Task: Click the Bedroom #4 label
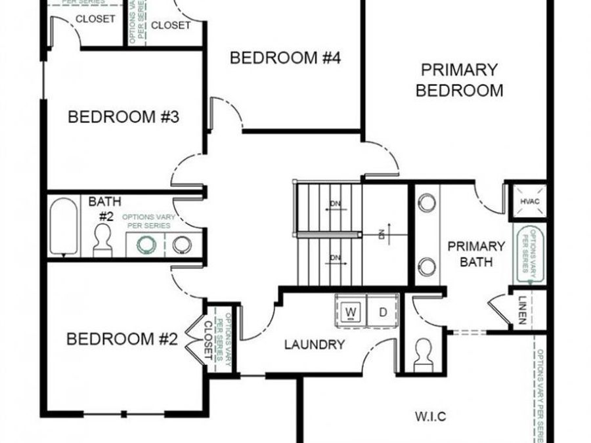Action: [285, 58]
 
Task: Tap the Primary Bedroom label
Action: [460, 80]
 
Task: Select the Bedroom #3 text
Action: [124, 117]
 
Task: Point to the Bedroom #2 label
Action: [123, 339]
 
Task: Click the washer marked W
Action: [351, 311]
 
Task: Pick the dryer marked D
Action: [383, 311]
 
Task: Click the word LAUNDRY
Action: [315, 345]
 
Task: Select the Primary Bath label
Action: [477, 254]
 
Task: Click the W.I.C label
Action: [431, 415]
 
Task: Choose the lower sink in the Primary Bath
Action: [427, 266]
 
